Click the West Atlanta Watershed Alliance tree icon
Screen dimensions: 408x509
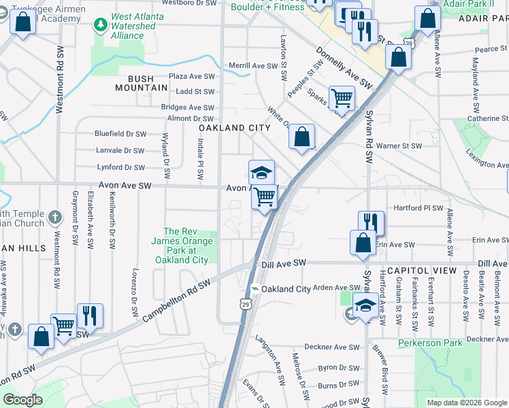pyautogui.click(x=101, y=25)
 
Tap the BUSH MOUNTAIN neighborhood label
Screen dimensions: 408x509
pyautogui.click(x=141, y=83)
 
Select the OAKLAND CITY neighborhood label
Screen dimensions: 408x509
pyautogui.click(x=235, y=128)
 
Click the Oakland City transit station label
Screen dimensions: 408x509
pyautogui.click(x=286, y=289)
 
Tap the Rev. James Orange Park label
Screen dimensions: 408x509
pyautogui.click(x=181, y=245)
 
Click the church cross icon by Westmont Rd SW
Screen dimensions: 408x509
pyautogui.click(x=56, y=218)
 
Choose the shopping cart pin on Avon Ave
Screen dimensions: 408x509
pyautogui.click(x=264, y=197)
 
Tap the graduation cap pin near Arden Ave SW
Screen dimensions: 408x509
pyautogui.click(x=365, y=305)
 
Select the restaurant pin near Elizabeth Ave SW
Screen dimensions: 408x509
pyautogui.click(x=90, y=316)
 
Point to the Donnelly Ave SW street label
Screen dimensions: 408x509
pyautogui.click(x=345, y=68)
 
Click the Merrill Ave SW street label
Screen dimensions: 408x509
pyautogui.click(x=254, y=66)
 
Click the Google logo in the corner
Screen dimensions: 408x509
pyautogui.click(x=22, y=400)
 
